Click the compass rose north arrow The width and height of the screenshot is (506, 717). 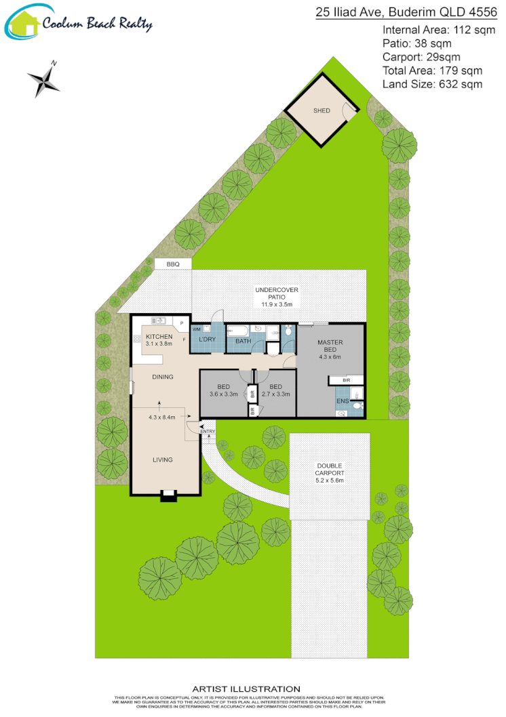(x=43, y=79)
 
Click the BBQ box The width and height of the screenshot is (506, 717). (x=172, y=264)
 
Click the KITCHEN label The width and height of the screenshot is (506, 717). (x=159, y=337)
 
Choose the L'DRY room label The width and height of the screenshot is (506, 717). (x=207, y=339)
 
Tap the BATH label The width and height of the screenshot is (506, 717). (x=243, y=341)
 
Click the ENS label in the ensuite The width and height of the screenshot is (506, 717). (x=343, y=401)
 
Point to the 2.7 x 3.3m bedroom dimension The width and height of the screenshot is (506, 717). (x=276, y=394)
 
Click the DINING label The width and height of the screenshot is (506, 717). (x=162, y=377)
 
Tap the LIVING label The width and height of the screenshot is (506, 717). (x=162, y=459)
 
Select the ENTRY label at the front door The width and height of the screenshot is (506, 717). (x=208, y=432)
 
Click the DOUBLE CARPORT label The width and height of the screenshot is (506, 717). (x=330, y=469)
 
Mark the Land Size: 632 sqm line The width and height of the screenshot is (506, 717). (x=432, y=84)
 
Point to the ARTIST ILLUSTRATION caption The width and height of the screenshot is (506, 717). (x=246, y=689)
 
